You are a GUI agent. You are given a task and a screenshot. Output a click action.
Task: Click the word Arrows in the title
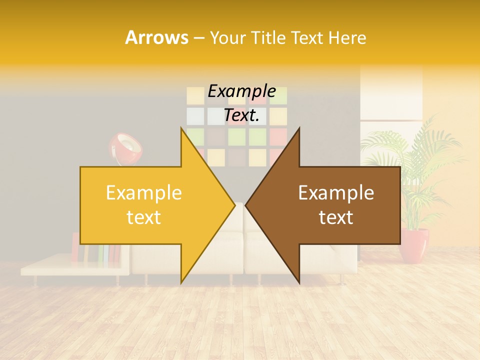coord(156,37)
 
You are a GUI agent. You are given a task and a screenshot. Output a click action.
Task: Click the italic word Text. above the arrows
coord(241,115)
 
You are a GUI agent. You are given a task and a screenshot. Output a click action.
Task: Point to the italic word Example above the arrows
coord(241,91)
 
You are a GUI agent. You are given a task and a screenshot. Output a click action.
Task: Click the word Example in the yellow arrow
coord(144,193)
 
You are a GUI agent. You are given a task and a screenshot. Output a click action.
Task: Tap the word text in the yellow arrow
coord(144,217)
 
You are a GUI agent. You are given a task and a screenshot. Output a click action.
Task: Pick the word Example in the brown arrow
coord(336,193)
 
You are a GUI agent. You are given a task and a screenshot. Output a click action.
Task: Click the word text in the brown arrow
coord(336,217)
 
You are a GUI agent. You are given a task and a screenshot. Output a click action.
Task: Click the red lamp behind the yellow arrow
coord(125,147)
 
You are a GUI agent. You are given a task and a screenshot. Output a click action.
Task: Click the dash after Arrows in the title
coord(198,38)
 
